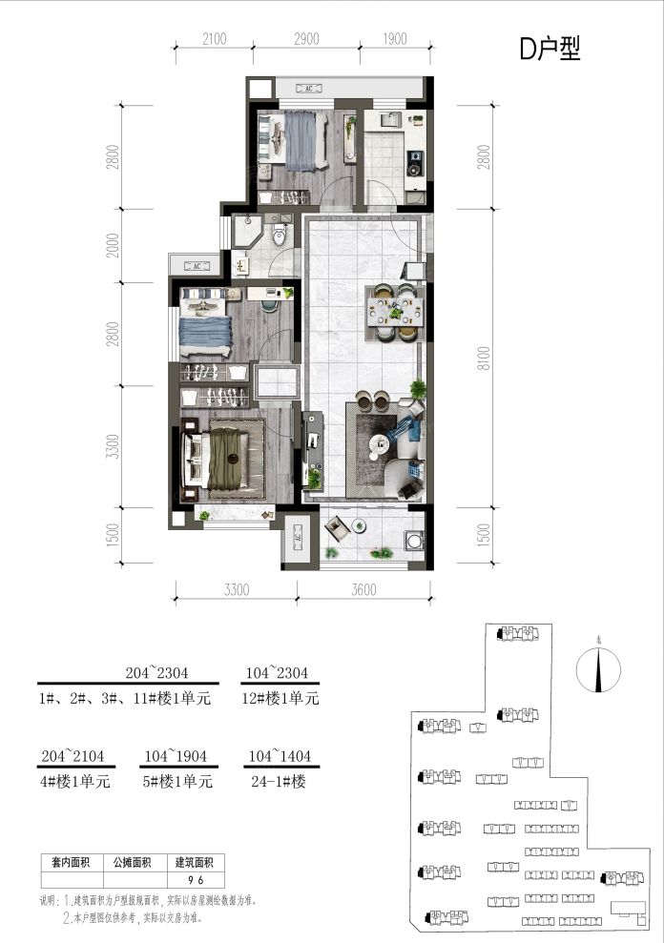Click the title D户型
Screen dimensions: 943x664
[549, 50]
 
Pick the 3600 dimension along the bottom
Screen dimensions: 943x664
[363, 590]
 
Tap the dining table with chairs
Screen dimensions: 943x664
[394, 311]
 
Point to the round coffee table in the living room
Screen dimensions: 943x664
[378, 441]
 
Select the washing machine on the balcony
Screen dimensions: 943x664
[412, 540]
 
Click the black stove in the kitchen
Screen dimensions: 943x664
[415, 164]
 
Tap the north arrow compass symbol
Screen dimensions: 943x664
[598, 670]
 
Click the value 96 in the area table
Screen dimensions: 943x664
[198, 881]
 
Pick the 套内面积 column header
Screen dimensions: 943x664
[65, 863]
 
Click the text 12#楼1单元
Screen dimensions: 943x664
[280, 699]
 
